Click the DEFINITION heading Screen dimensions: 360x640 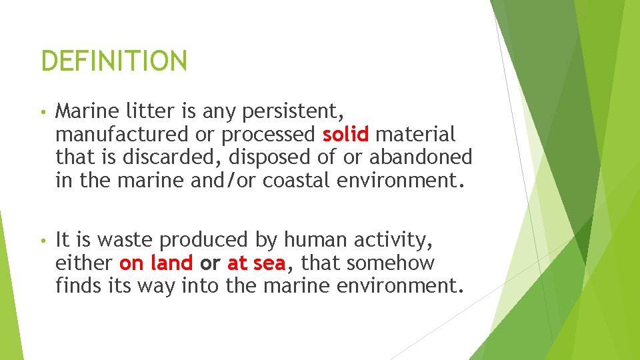pyautogui.click(x=114, y=61)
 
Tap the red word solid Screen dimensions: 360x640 pyautogui.click(x=345, y=134)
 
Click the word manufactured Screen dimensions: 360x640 pyautogui.click(x=122, y=134)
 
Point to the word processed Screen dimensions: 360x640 pyautogui.click(x=268, y=134)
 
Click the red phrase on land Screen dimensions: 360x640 pyautogui.click(x=157, y=263)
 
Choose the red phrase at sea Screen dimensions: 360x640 pyautogui.click(x=256, y=263)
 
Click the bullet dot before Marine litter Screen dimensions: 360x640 pyautogui.click(x=43, y=111)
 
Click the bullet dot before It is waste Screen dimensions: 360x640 pyautogui.click(x=43, y=241)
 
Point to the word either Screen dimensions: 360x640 pyautogui.click(x=85, y=263)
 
